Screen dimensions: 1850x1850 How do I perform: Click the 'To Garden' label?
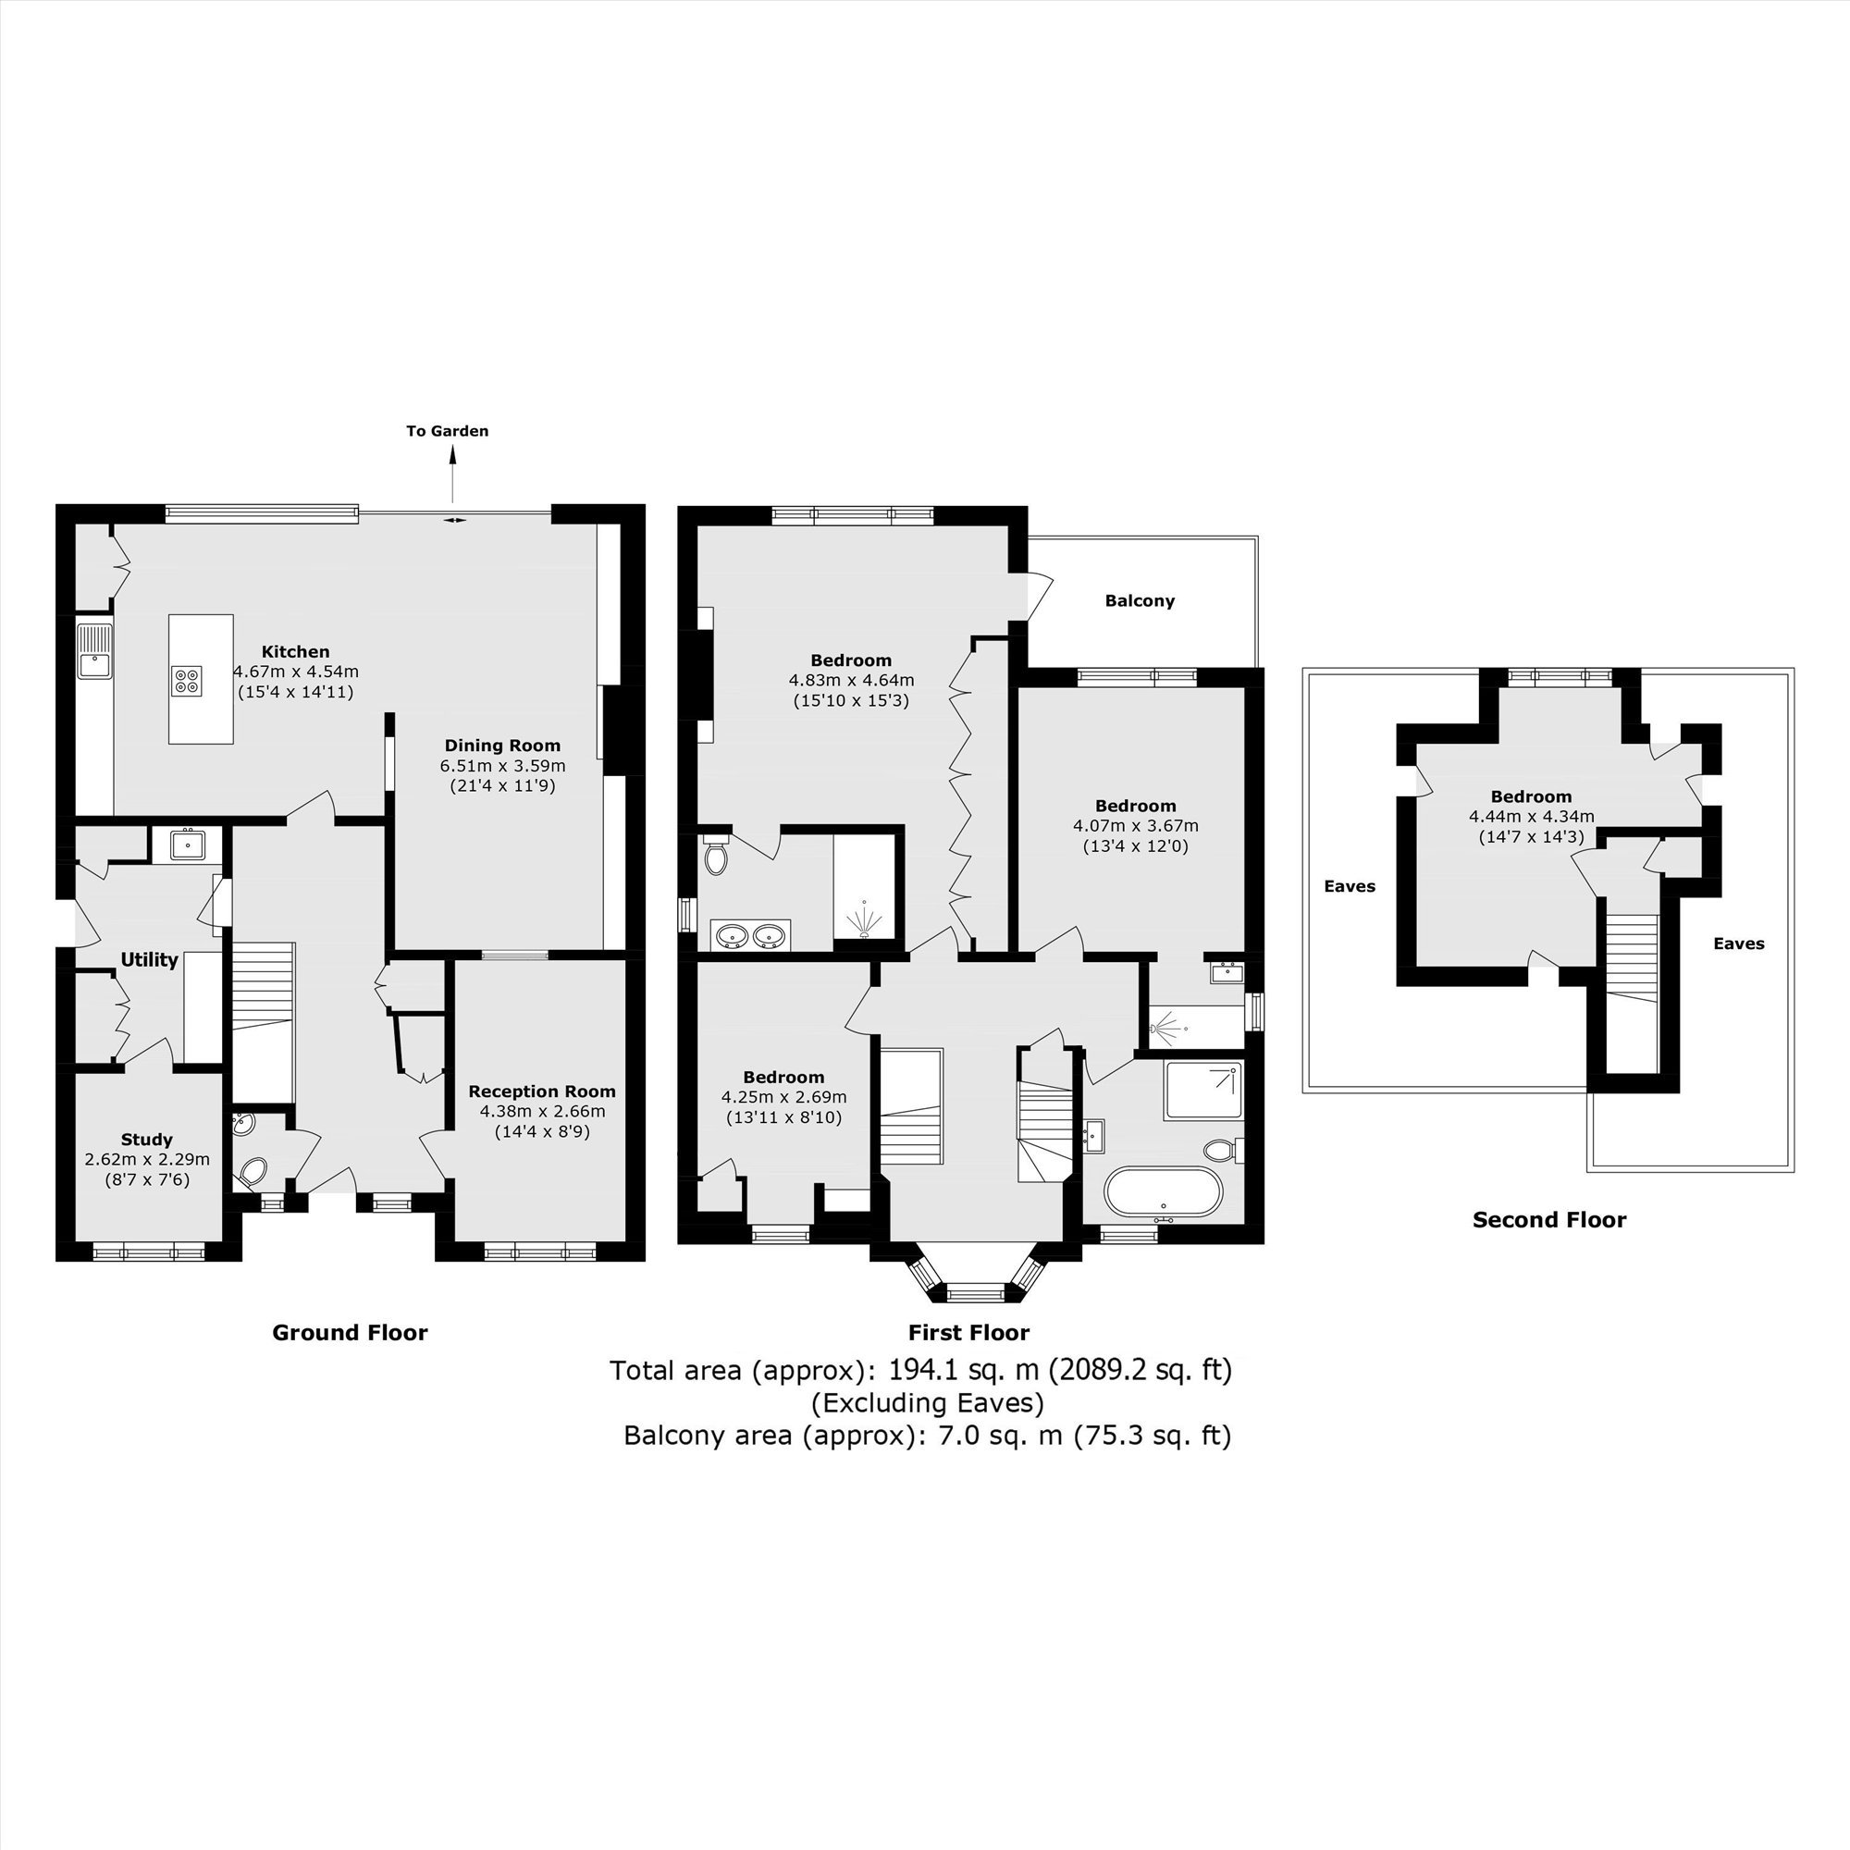click(447, 431)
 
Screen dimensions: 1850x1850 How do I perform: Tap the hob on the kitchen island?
click(187, 680)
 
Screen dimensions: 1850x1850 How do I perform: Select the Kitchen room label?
click(296, 652)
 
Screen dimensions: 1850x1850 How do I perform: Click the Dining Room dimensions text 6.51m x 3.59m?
click(502, 766)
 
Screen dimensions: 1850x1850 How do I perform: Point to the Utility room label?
click(149, 959)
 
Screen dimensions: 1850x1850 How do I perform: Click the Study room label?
click(146, 1140)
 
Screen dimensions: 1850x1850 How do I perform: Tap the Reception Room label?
click(542, 1091)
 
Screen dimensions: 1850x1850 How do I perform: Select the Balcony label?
click(1140, 601)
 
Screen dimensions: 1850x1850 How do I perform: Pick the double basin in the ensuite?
click(751, 935)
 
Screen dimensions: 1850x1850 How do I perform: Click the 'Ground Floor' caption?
click(350, 1333)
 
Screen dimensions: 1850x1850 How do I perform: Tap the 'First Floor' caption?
click(969, 1333)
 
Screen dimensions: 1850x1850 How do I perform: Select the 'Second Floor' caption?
click(1549, 1220)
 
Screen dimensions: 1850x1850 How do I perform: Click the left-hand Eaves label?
click(1350, 887)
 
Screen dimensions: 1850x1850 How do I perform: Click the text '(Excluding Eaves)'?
click(927, 1403)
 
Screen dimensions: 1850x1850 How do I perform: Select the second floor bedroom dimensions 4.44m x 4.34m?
click(1531, 817)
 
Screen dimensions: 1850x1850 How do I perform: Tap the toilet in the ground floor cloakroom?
click(253, 1170)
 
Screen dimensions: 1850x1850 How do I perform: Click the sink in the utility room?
click(187, 845)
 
